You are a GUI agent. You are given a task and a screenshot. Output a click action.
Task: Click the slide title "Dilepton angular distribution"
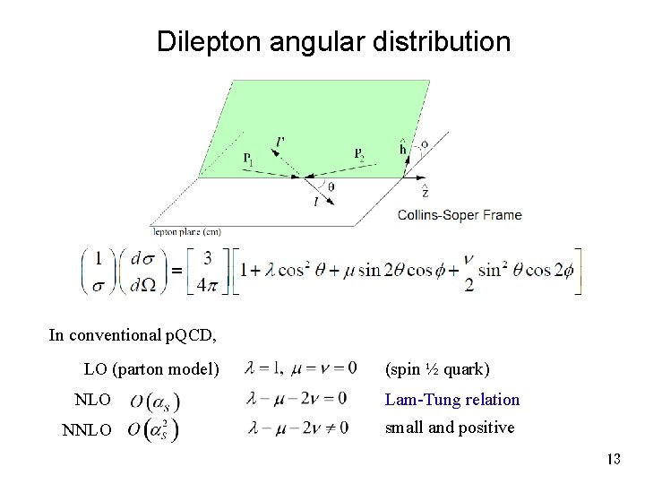pos(333,41)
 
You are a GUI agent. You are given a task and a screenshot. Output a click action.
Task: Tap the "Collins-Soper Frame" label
pos(460,215)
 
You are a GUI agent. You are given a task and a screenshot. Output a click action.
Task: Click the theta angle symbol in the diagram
pos(332,186)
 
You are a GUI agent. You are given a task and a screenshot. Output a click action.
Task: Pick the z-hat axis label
pos(424,191)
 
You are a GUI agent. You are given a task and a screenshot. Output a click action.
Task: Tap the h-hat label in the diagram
pos(406,148)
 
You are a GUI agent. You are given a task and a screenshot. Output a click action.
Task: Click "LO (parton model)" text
pos(151,368)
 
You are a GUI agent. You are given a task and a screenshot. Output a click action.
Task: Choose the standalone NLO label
pos(93,399)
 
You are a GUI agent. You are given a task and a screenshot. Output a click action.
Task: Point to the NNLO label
pos(87,430)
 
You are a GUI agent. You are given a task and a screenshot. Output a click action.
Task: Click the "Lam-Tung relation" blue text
pos(451,399)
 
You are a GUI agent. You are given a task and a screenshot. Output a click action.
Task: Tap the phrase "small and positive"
pos(450,428)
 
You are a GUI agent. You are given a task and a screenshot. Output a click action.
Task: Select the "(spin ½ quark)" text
pos(437,368)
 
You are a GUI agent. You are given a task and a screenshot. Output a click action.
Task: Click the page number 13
pos(613,459)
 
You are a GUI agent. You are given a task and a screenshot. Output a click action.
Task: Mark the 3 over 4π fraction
pos(207,270)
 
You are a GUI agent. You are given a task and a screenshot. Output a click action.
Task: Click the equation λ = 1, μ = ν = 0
pos(301,367)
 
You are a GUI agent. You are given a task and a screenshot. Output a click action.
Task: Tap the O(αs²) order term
pos(153,429)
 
